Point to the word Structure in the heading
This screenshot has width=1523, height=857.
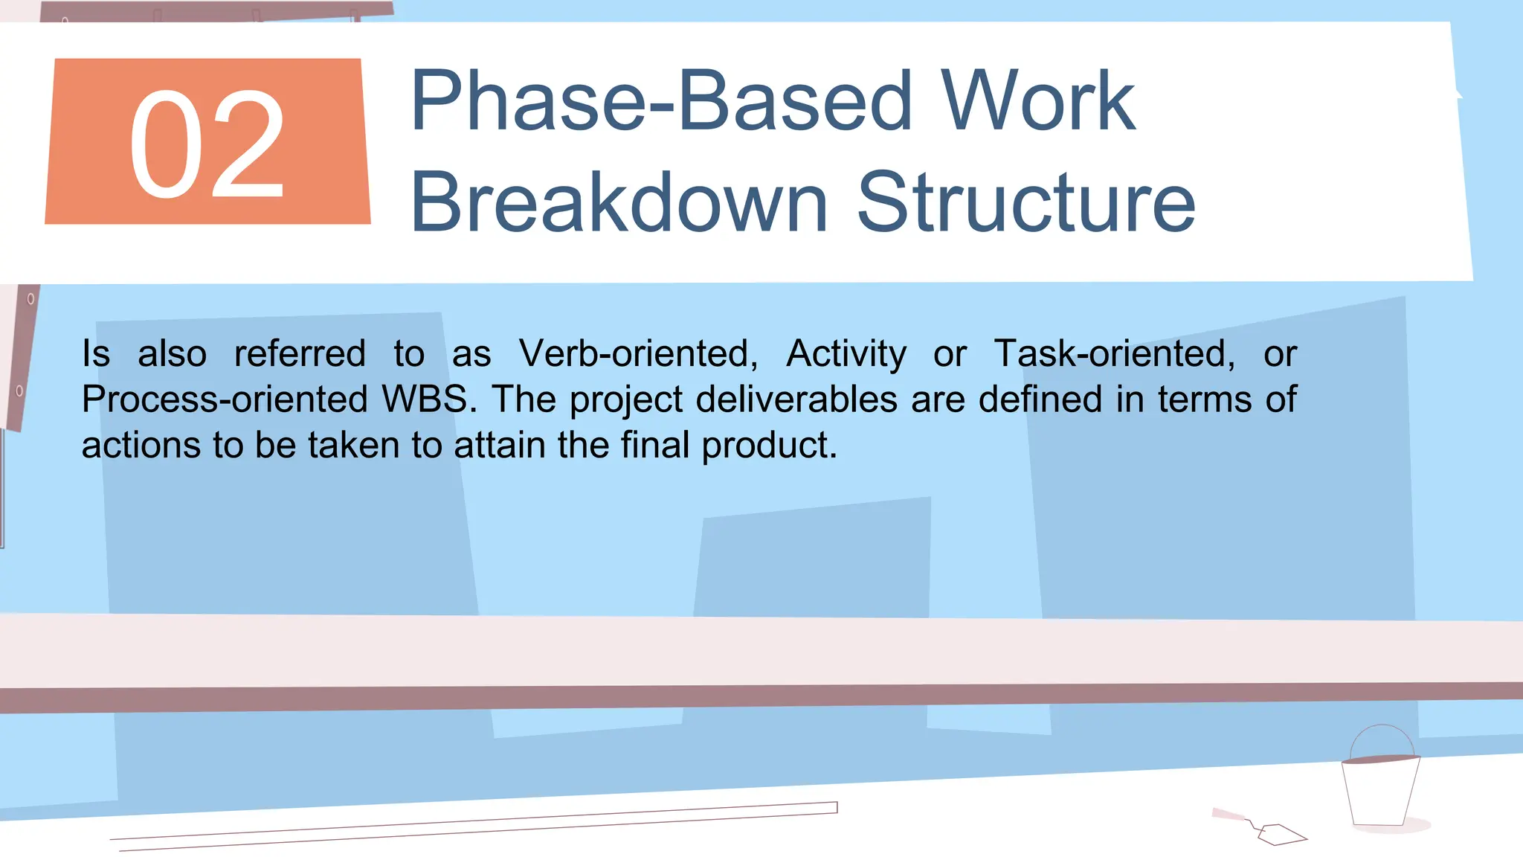[1026, 202]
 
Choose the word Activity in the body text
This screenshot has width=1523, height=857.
[846, 353]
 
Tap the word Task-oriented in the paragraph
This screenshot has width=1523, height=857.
[1114, 353]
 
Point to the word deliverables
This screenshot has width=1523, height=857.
[796, 399]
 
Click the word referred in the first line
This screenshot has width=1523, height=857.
[300, 353]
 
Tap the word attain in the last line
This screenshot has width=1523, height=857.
[499, 446]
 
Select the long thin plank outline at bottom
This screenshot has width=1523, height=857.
[476, 824]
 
